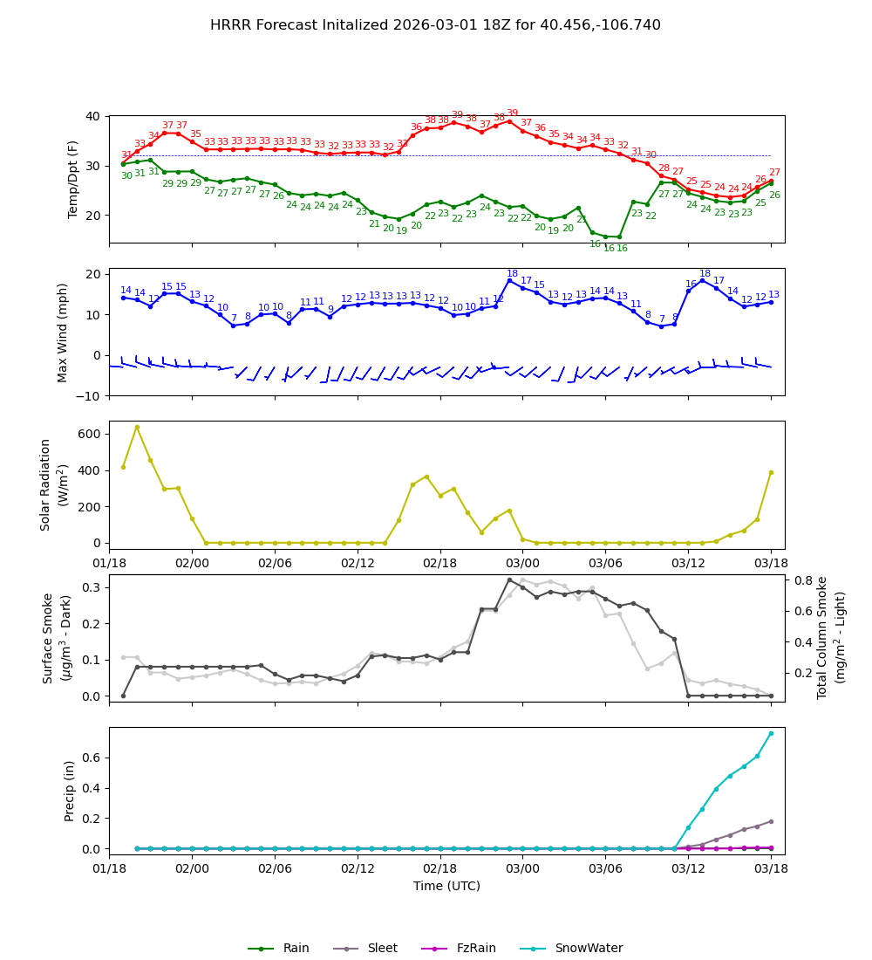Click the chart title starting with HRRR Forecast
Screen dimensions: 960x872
435,25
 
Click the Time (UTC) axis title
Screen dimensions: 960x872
446,886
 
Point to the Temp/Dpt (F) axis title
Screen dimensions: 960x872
73,179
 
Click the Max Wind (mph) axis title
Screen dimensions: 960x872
63,332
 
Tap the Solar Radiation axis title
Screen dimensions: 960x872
53,484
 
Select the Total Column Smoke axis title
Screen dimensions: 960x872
829,637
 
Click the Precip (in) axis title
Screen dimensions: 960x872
70,791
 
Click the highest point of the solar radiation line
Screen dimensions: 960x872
137,427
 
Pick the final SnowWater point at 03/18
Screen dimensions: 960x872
771,733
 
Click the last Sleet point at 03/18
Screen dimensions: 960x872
771,821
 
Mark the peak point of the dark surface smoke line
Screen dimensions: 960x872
509,579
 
